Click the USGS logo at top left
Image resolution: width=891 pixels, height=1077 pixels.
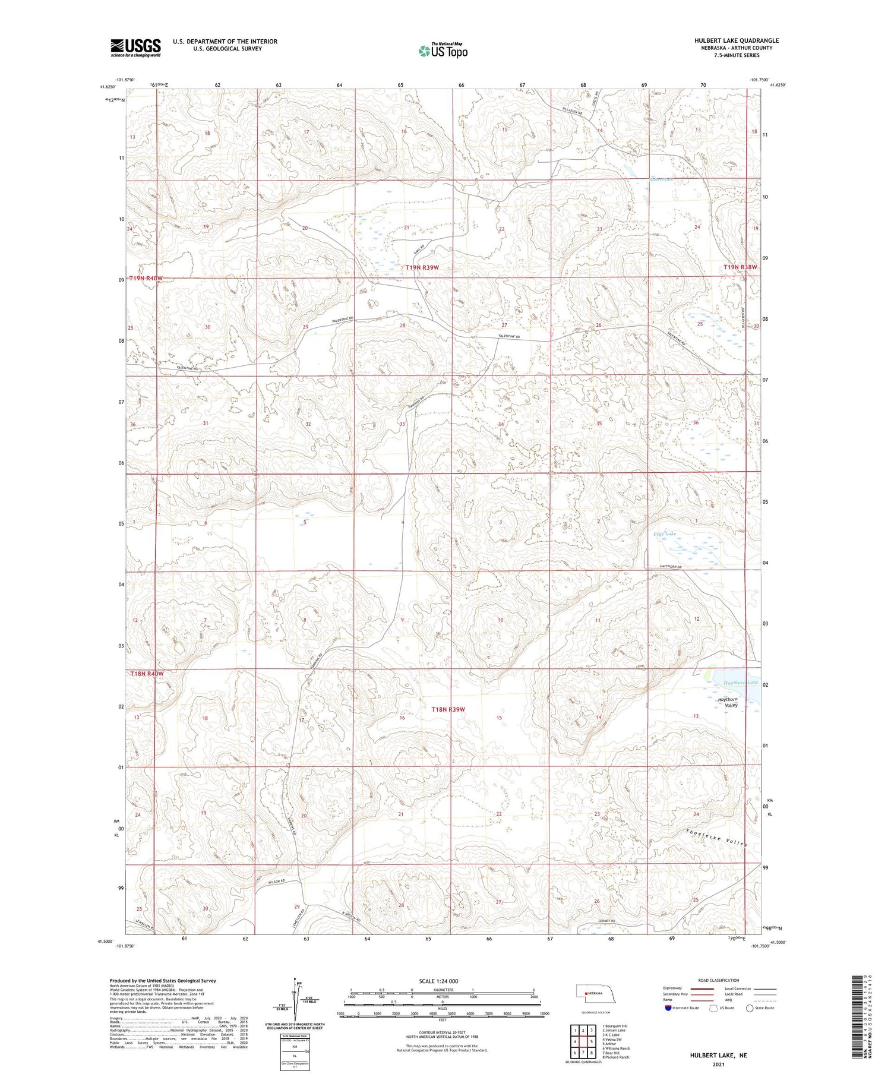135,48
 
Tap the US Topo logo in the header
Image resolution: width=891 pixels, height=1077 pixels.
443,50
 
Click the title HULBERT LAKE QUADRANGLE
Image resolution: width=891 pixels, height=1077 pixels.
737,40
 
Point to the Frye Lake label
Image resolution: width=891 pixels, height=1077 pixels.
665,534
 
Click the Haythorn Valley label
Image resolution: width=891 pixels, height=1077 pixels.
728,702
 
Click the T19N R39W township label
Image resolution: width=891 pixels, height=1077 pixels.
422,268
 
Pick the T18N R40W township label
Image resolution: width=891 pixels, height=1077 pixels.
147,674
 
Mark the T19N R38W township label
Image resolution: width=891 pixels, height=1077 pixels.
740,267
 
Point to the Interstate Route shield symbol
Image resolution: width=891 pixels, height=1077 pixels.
669,1008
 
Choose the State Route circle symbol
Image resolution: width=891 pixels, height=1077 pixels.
750,1008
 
